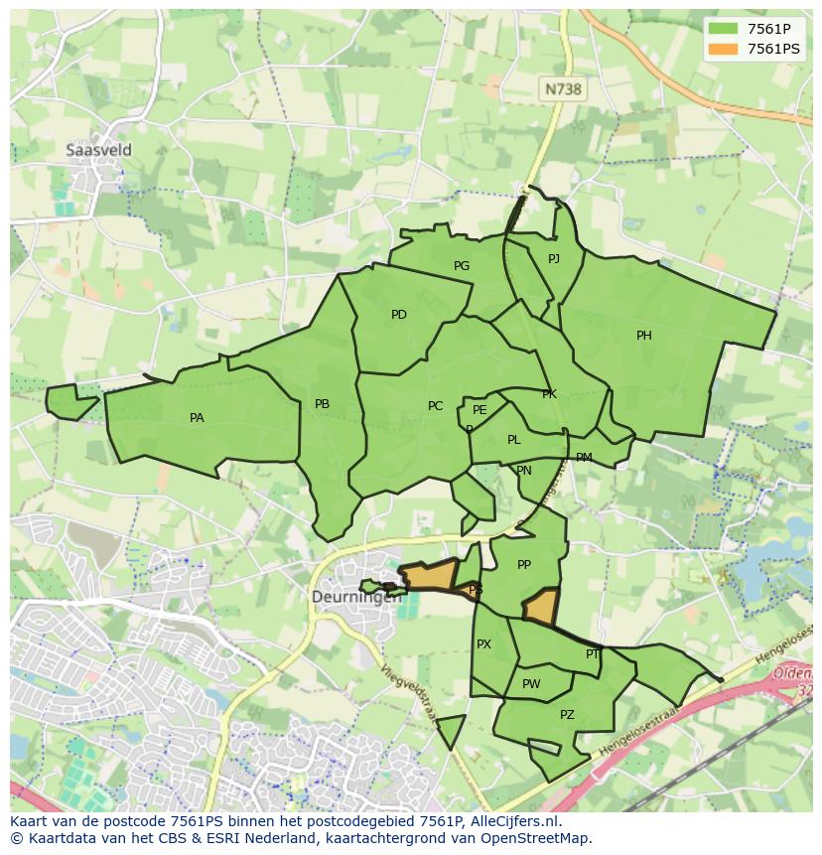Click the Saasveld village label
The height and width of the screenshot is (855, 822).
(x=98, y=150)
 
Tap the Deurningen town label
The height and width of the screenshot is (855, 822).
(x=356, y=597)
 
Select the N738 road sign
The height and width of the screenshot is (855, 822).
(x=562, y=89)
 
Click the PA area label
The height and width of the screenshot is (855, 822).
(x=197, y=418)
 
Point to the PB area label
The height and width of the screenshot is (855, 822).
(x=322, y=404)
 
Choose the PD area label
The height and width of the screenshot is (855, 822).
(x=399, y=315)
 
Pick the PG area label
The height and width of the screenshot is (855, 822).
(x=462, y=266)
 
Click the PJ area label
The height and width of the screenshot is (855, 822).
(x=554, y=259)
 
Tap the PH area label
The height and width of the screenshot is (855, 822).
(x=644, y=336)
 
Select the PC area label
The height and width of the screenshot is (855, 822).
(x=435, y=406)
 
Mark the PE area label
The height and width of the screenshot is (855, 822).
(x=479, y=410)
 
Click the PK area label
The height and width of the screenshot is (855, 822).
(x=549, y=394)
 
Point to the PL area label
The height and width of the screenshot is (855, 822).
(x=513, y=440)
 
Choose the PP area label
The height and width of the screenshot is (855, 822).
(x=524, y=565)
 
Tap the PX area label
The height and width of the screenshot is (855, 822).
(x=483, y=644)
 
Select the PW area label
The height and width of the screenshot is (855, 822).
(x=531, y=684)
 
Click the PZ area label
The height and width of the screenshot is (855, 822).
(x=567, y=715)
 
